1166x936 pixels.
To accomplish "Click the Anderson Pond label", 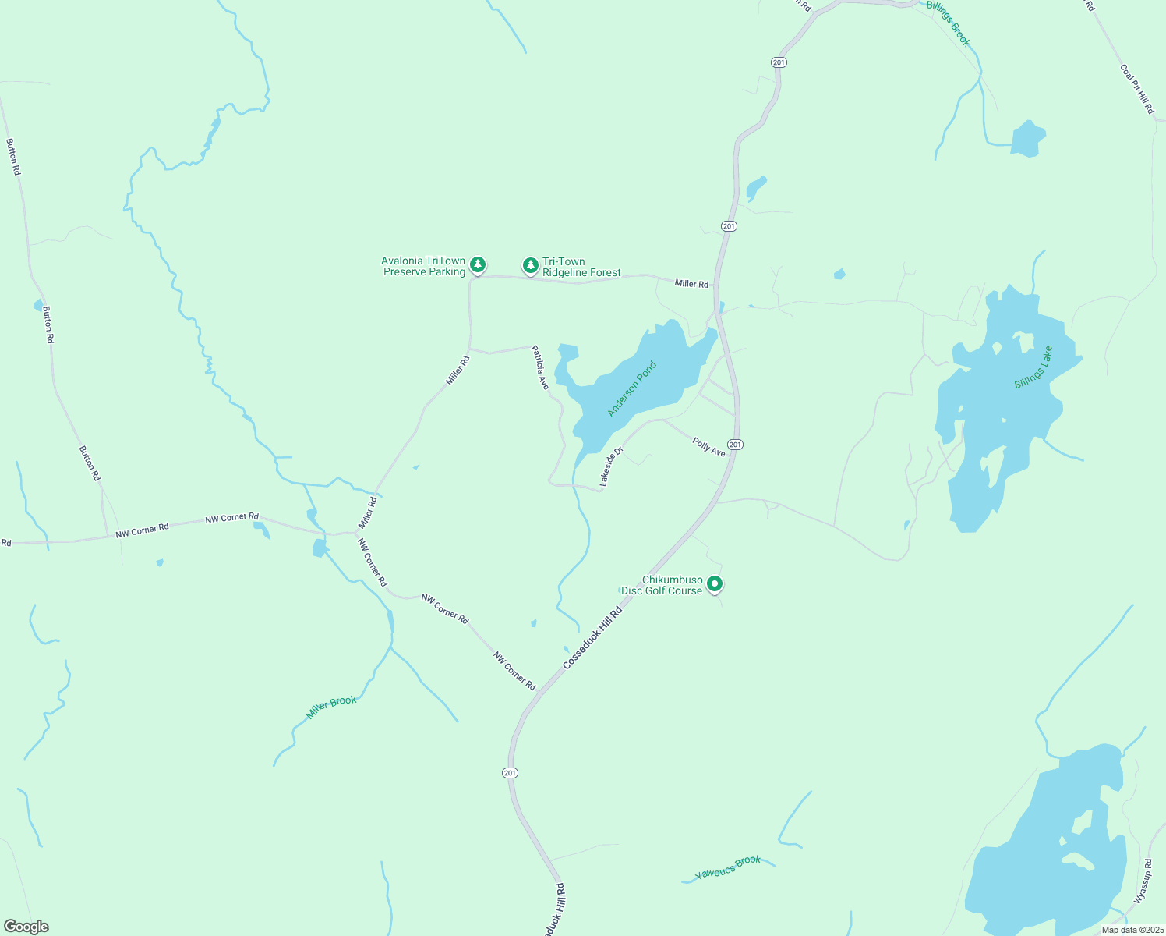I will [x=632, y=388].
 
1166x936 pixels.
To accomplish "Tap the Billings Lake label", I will [x=1033, y=367].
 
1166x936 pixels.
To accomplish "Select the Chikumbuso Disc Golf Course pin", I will [x=714, y=583].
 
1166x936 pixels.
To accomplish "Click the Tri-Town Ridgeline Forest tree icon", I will [x=531, y=266].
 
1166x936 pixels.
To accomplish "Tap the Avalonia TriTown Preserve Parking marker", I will [x=478, y=265].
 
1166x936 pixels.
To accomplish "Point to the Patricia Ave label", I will [x=540, y=368].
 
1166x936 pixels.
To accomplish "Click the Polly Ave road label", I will [x=708, y=447].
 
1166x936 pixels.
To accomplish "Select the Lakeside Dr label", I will [x=612, y=466].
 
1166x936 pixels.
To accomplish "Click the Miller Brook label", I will [x=331, y=707].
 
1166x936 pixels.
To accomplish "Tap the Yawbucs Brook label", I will [x=728, y=867].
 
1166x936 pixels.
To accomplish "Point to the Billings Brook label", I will [x=949, y=23].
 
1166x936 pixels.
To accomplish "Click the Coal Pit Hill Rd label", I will [x=1137, y=89].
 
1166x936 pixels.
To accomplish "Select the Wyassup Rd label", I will [x=1143, y=881].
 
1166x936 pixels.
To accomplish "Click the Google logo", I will [x=26, y=927].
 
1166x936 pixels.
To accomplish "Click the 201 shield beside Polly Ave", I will [x=736, y=445].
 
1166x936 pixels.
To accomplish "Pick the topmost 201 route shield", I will [x=779, y=62].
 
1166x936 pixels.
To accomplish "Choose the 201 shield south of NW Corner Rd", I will [x=510, y=773].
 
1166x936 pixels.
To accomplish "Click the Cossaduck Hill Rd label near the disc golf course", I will [x=592, y=638].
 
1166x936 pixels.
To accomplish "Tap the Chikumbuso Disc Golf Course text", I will [x=662, y=586].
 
